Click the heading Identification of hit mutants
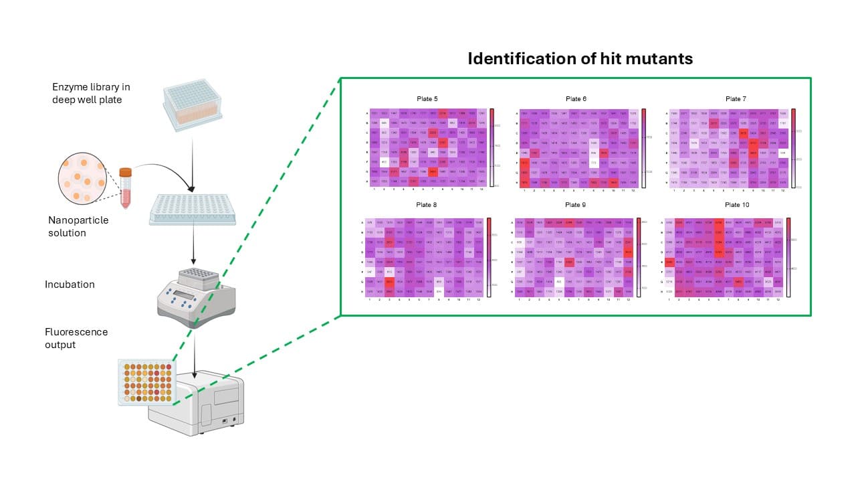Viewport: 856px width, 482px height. (580, 59)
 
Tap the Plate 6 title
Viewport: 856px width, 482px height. (575, 99)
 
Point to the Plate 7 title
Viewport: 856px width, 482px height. (736, 99)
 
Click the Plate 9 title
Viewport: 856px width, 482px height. (575, 205)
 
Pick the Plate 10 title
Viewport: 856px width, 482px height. (736, 205)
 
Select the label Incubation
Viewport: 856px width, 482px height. (70, 285)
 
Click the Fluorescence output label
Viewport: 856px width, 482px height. (76, 338)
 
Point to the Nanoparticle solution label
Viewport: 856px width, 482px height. (78, 226)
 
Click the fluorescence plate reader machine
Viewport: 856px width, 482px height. (197, 402)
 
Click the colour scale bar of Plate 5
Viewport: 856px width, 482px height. (492, 147)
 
